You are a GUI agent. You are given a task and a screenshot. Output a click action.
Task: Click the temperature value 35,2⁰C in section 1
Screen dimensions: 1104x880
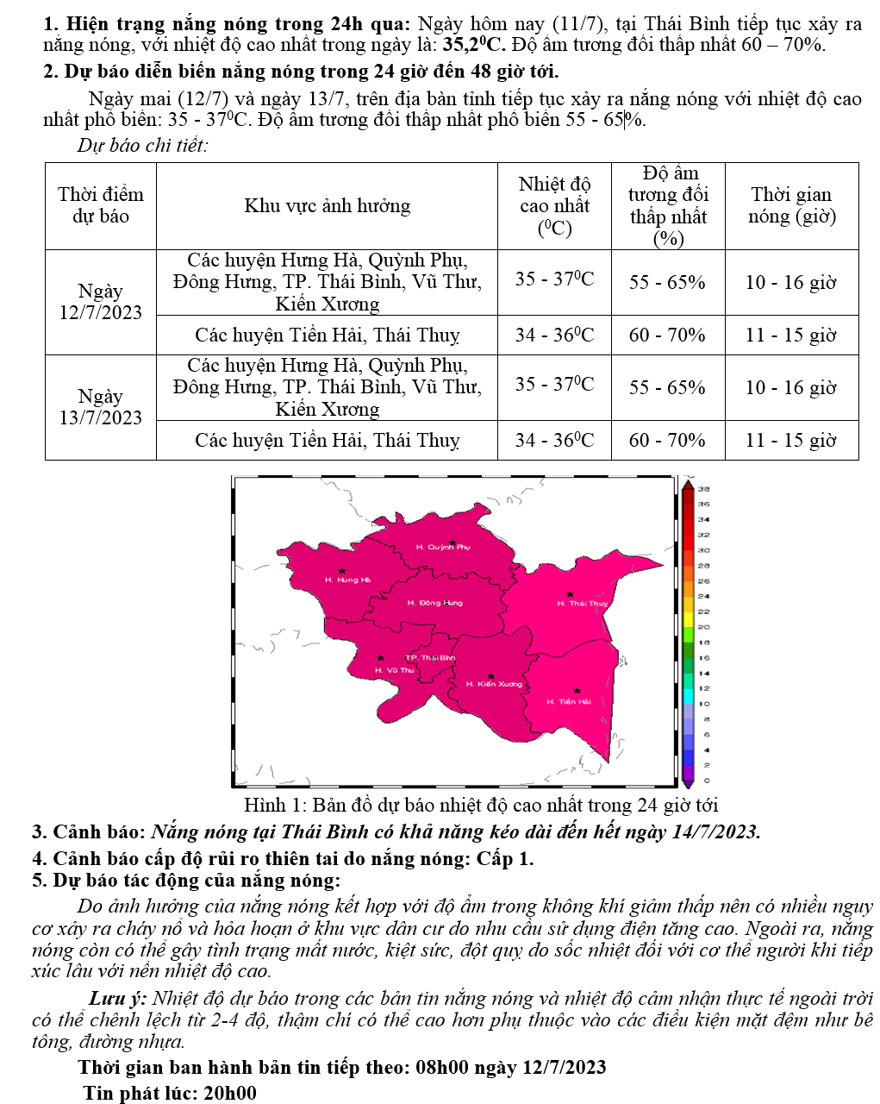(474, 45)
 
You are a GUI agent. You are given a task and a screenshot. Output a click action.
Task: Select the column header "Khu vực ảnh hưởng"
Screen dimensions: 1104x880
(327, 206)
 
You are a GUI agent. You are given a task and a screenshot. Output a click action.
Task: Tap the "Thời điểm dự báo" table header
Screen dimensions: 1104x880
(101, 205)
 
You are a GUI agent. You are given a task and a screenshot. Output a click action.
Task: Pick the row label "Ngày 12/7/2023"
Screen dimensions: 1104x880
(100, 302)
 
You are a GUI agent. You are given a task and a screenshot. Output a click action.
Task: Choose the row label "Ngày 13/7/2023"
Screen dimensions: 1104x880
(100, 407)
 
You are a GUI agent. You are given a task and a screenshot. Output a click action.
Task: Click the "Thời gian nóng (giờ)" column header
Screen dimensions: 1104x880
(791, 205)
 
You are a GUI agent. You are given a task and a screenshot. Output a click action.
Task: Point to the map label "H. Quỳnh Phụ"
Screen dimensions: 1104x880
(443, 547)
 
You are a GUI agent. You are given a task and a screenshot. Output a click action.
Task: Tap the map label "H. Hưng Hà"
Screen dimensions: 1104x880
(347, 580)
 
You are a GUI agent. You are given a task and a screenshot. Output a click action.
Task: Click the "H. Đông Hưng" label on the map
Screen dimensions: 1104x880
(434, 603)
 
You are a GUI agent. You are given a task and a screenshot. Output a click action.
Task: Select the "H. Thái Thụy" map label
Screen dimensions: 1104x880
(583, 604)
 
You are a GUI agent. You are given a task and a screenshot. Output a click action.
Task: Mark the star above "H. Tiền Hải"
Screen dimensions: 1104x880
(577, 690)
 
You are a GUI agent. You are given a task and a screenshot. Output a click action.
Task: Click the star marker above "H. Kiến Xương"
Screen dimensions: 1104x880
(491, 676)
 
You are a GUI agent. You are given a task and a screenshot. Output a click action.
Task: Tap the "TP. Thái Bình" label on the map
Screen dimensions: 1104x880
(430, 658)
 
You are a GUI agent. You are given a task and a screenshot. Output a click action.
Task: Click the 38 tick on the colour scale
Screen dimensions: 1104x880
(703, 488)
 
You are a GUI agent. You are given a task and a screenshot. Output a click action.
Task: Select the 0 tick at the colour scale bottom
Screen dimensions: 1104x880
(707, 780)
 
